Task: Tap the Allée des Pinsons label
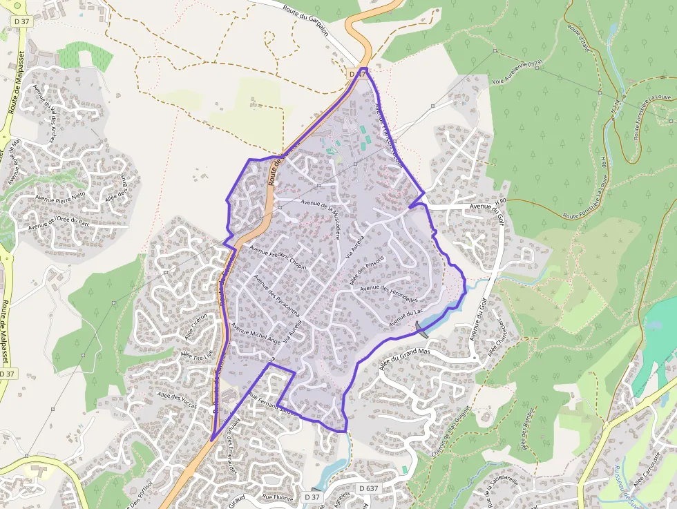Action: [x=367, y=271]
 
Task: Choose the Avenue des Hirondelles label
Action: [x=389, y=294]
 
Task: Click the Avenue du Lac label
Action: [x=405, y=318]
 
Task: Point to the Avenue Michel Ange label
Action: [x=256, y=335]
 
